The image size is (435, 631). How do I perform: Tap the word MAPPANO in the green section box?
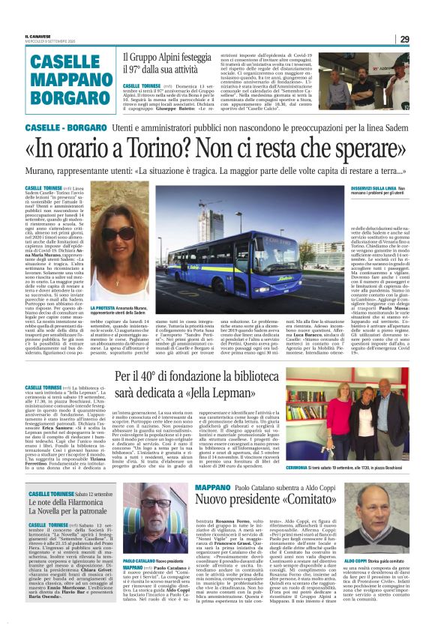[60, 79]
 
